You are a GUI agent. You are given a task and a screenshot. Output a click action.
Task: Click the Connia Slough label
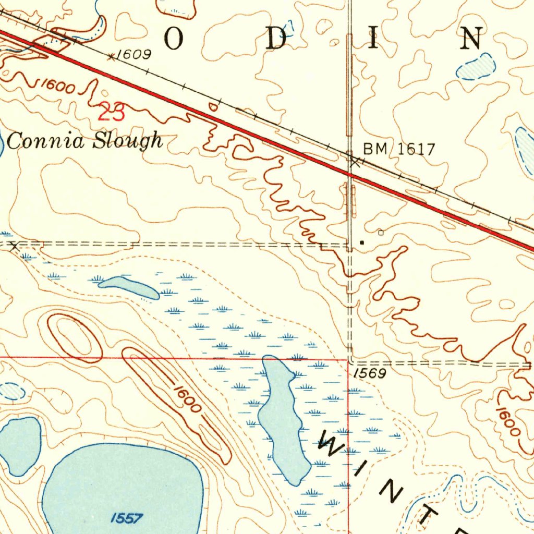pyautogui.click(x=85, y=141)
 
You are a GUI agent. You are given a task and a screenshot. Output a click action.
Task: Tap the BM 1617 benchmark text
pyautogui.click(x=399, y=150)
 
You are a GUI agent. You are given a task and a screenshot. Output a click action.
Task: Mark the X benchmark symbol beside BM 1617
pyautogui.click(x=355, y=162)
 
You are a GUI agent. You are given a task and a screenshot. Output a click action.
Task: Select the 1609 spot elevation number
pyautogui.click(x=133, y=54)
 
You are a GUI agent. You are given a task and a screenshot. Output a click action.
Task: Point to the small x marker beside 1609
pyautogui.click(x=111, y=56)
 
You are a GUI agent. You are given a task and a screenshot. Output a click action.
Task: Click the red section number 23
pyautogui.click(x=112, y=113)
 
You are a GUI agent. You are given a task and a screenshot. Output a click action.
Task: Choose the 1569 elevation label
pyautogui.click(x=369, y=373)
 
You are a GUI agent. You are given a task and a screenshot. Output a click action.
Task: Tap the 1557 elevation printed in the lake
pyautogui.click(x=127, y=518)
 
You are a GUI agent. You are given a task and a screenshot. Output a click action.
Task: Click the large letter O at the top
pyautogui.click(x=175, y=39)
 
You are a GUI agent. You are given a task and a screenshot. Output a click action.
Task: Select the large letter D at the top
pyautogui.click(x=276, y=39)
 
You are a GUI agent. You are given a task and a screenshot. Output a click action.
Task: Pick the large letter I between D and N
pyautogui.click(x=373, y=39)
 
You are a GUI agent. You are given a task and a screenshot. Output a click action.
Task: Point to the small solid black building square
pyautogui.click(x=362, y=242)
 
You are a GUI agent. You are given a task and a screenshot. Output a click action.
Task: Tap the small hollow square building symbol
pyautogui.click(x=381, y=233)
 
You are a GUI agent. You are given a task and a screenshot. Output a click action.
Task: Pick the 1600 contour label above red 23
pyautogui.click(x=57, y=87)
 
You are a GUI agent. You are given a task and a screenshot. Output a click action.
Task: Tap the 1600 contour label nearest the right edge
pyautogui.click(x=508, y=421)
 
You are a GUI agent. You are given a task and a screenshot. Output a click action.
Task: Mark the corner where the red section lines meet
pyautogui.click(x=348, y=359)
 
